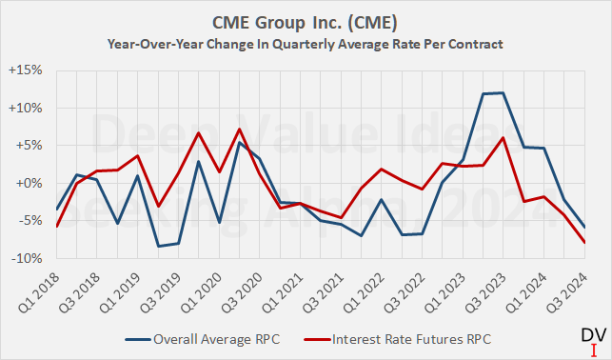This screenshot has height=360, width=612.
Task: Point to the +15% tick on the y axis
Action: click(x=33, y=71)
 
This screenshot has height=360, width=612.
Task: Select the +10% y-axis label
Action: click(x=33, y=109)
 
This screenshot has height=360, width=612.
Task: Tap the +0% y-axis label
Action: click(x=36, y=183)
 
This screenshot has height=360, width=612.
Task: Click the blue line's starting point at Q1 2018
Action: click(x=56, y=209)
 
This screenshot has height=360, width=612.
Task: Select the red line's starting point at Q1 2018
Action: click(x=56, y=226)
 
